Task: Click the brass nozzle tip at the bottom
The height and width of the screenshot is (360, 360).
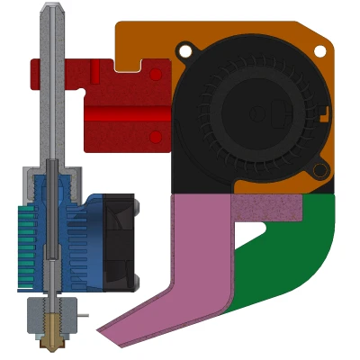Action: click(x=52, y=342)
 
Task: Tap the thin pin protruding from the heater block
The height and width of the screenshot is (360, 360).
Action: click(x=83, y=315)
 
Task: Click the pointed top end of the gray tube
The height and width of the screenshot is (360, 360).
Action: click(x=51, y=8)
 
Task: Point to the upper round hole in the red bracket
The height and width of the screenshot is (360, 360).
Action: click(x=156, y=75)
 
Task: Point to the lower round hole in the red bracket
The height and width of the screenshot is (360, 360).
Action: click(x=156, y=137)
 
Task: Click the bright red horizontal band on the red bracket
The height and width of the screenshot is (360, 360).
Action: click(x=126, y=114)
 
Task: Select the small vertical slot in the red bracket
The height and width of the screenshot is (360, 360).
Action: click(x=94, y=72)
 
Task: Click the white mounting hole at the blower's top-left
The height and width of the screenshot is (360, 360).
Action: click(x=185, y=51)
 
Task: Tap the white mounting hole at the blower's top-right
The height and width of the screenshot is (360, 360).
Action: click(x=320, y=53)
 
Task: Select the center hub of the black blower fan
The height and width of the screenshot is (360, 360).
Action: click(x=256, y=112)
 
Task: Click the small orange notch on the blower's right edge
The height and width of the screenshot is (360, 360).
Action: click(x=325, y=114)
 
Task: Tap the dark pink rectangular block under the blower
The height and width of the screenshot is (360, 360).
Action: click(x=266, y=208)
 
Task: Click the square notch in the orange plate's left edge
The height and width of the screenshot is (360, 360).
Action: click(x=130, y=65)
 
